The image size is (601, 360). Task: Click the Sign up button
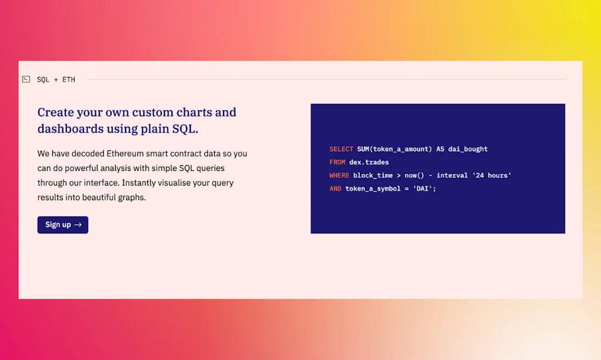click(63, 225)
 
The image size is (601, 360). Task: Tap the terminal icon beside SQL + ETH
click(26, 79)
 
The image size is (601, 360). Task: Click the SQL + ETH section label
click(56, 80)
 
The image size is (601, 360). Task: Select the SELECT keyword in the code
click(341, 149)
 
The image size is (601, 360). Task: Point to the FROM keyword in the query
click(337, 162)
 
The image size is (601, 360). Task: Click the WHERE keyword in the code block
click(339, 176)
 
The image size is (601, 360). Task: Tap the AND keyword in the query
click(335, 189)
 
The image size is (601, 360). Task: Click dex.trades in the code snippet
click(369, 162)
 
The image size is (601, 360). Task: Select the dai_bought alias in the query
click(468, 149)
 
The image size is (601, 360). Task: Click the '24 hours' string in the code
click(491, 176)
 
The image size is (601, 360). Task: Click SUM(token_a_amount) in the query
click(394, 149)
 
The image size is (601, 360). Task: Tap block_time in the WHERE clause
click(373, 176)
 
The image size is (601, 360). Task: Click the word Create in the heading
click(56, 112)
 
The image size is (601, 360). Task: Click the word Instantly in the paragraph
click(140, 183)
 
